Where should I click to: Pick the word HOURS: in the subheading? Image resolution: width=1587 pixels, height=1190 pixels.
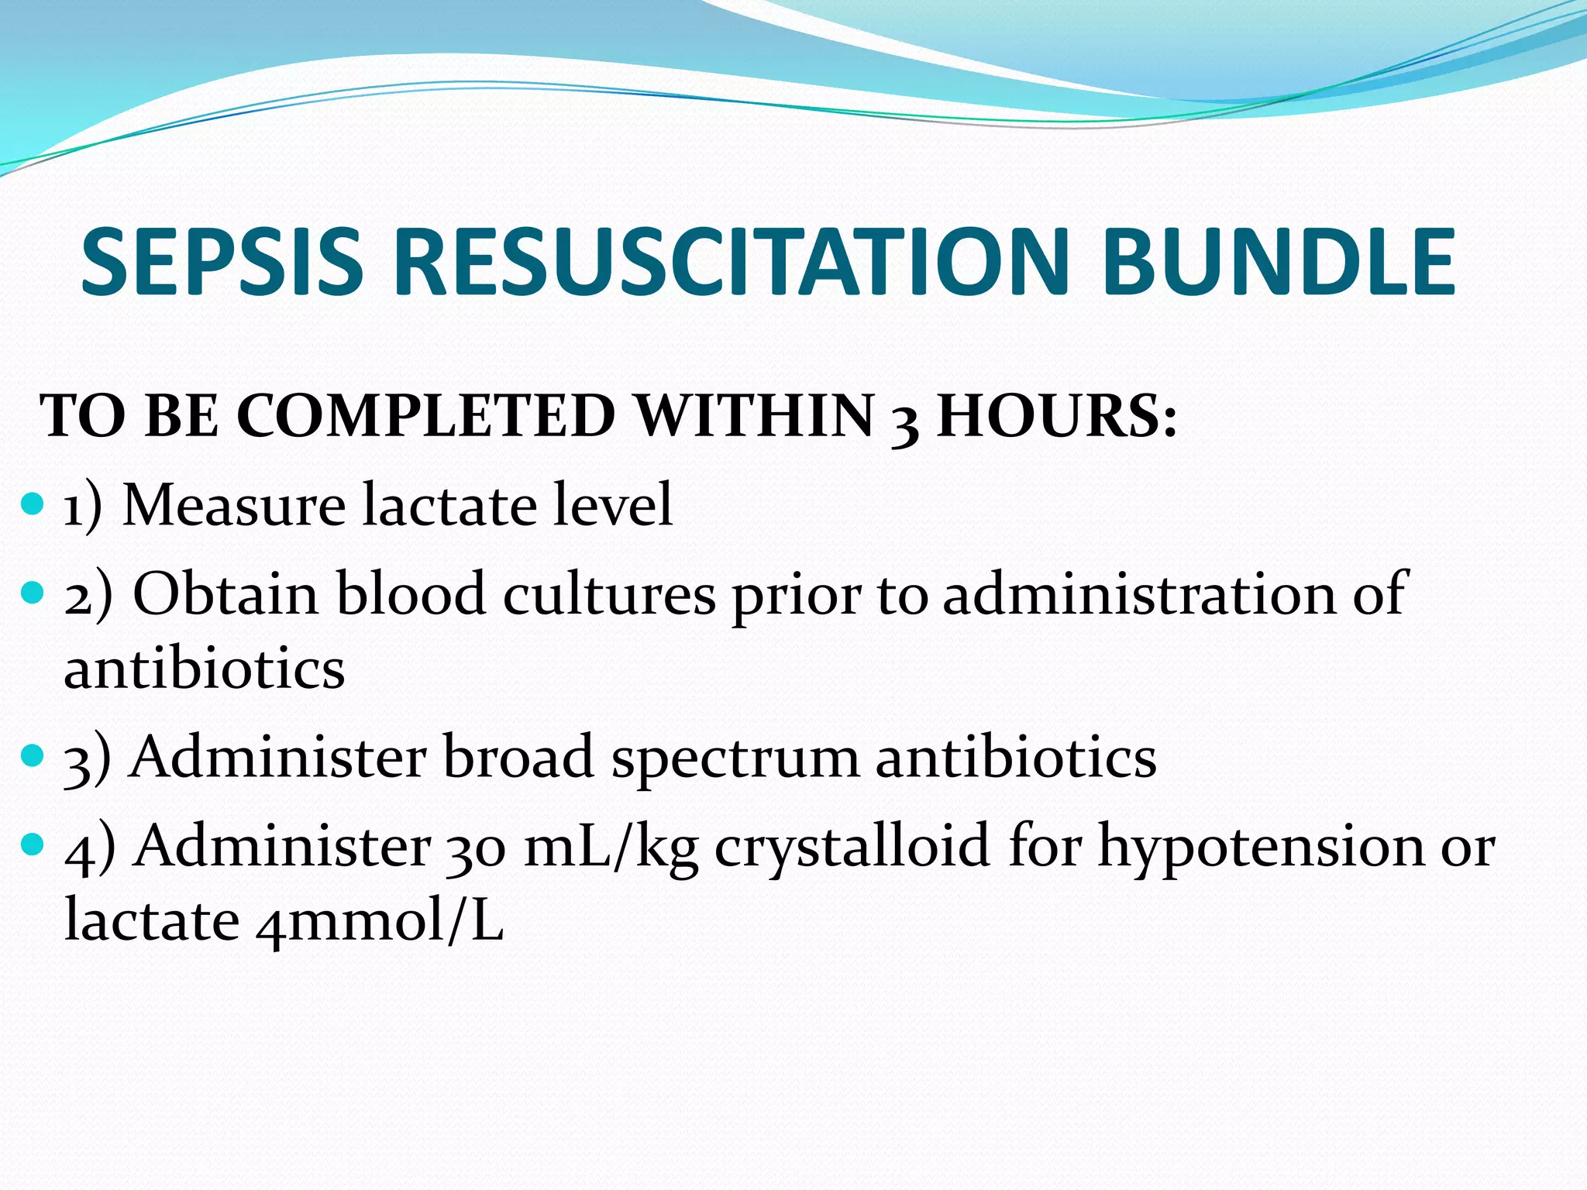(x=1057, y=417)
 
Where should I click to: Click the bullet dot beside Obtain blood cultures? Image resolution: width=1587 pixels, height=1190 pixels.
(x=33, y=594)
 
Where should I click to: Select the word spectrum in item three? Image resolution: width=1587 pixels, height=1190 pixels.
(x=735, y=759)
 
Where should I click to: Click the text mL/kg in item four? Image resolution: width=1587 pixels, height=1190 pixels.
(x=610, y=848)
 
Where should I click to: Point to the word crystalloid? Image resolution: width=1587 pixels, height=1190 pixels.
(x=852, y=848)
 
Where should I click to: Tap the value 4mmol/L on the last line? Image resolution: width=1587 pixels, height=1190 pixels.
(x=380, y=922)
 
